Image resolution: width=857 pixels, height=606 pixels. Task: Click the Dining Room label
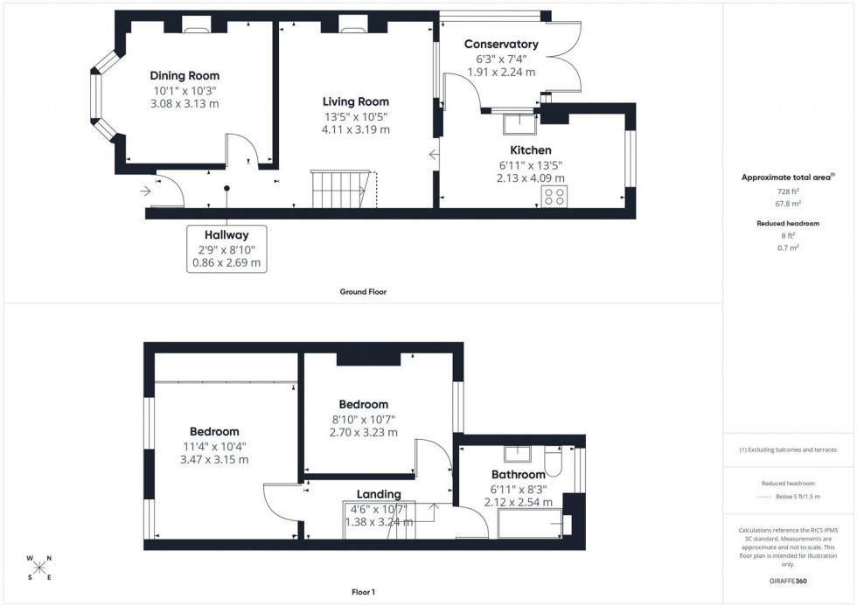(x=185, y=76)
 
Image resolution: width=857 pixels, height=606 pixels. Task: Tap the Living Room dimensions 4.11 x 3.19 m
(x=355, y=129)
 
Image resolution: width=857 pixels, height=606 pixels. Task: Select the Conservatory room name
(x=500, y=45)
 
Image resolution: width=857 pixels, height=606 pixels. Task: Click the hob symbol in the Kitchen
(x=553, y=196)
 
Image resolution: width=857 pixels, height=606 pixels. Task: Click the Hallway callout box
(x=226, y=247)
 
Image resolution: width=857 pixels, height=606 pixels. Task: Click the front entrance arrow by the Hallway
(x=145, y=188)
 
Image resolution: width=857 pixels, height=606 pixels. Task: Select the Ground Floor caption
(x=363, y=292)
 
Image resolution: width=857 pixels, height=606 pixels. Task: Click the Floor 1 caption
(x=363, y=592)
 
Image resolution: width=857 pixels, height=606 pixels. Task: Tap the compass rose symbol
(x=39, y=568)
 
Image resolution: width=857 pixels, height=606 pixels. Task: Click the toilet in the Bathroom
(x=554, y=460)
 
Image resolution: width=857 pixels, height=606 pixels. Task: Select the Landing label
(x=379, y=494)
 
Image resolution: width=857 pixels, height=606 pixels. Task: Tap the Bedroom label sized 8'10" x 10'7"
(x=363, y=405)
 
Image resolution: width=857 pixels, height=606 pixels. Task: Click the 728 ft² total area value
(x=788, y=192)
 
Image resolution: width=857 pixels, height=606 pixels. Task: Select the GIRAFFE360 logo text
(x=788, y=580)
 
